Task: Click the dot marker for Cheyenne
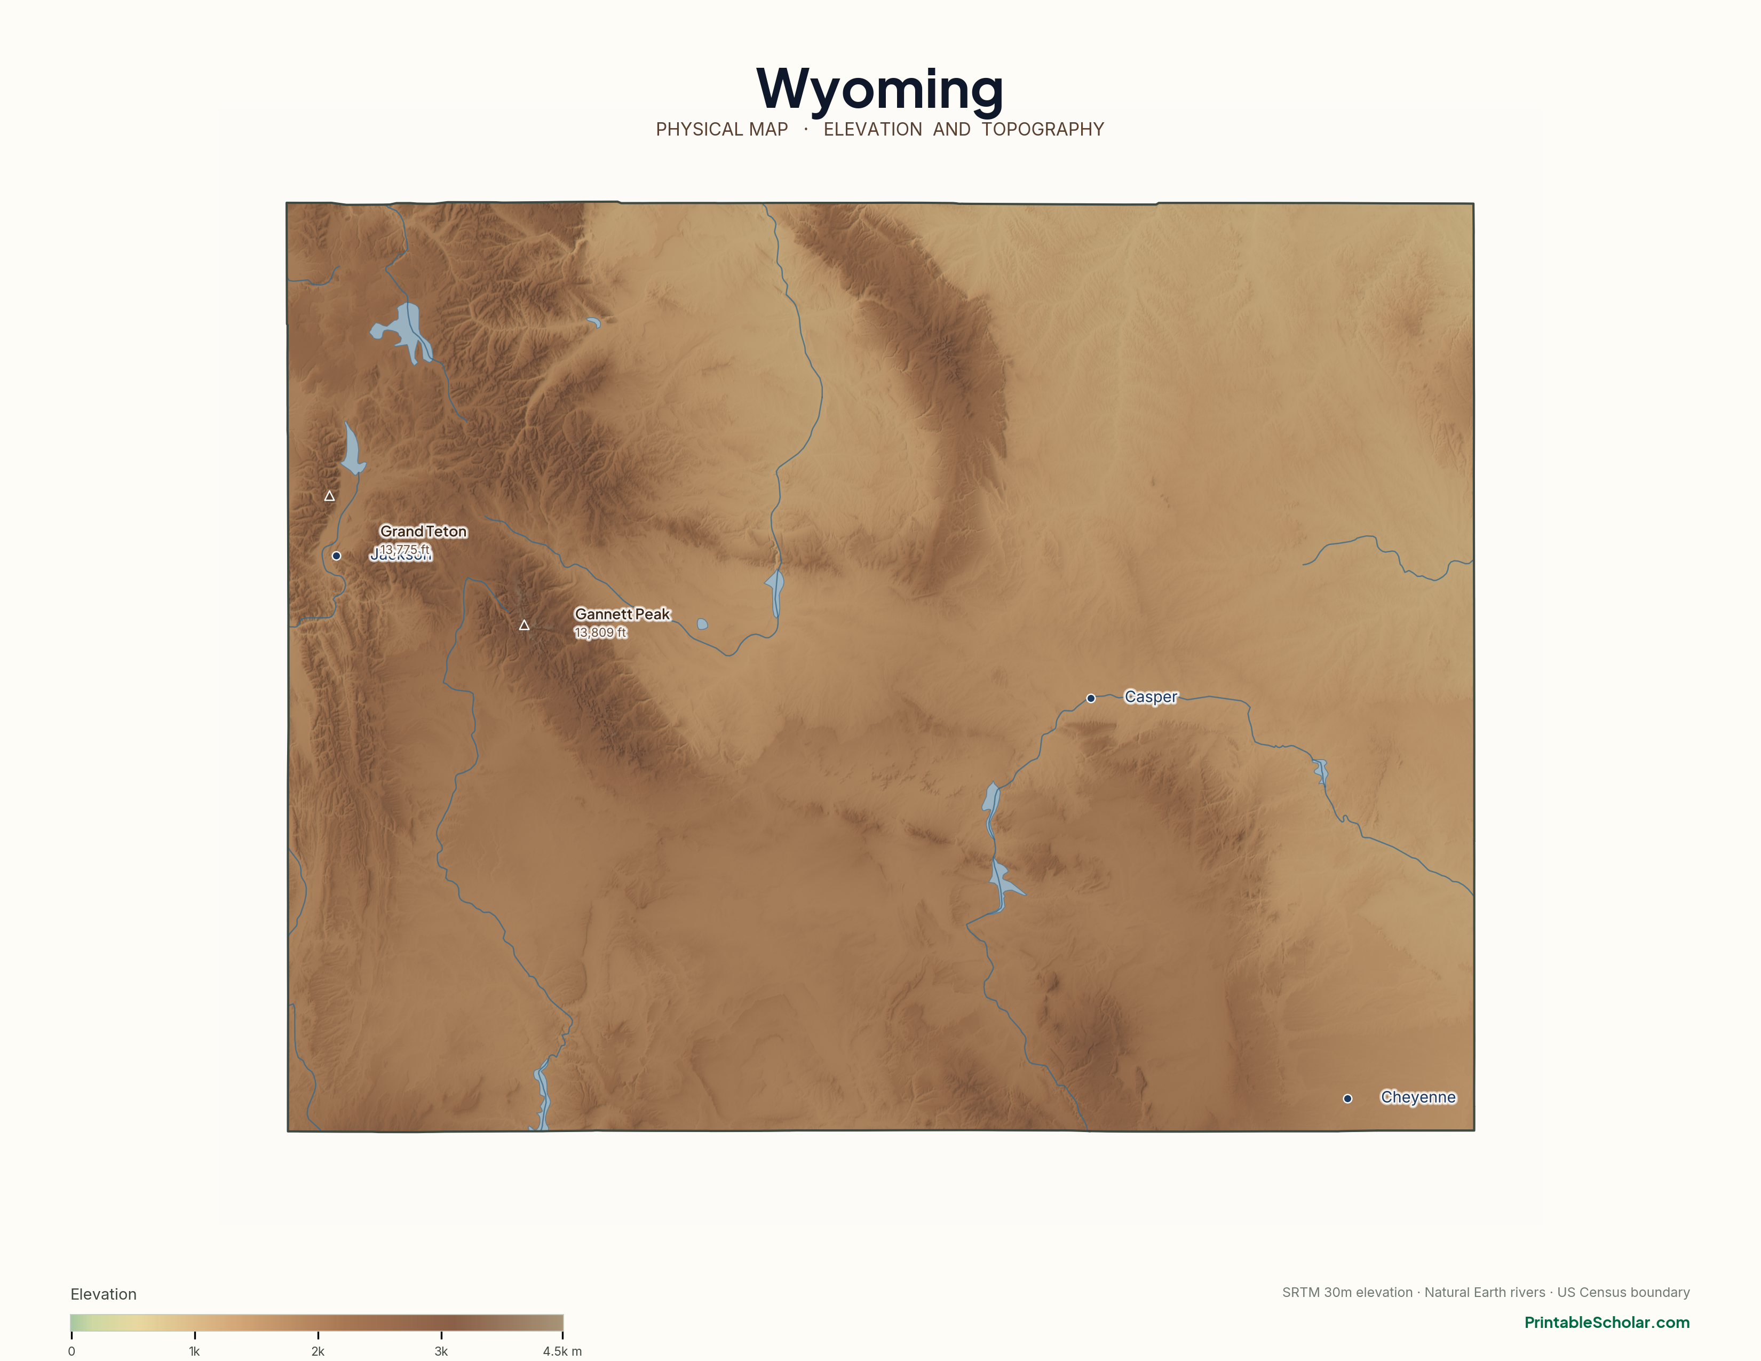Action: (x=1347, y=1098)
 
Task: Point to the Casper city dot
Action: (x=1091, y=698)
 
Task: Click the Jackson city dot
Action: (x=336, y=556)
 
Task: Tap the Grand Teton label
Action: (x=423, y=532)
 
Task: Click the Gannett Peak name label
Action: (x=622, y=614)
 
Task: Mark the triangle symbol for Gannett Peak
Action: (x=524, y=625)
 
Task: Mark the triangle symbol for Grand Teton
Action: (x=329, y=496)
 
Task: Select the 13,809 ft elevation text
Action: (x=600, y=633)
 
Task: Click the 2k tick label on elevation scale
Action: (x=318, y=1351)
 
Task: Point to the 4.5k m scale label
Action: (x=562, y=1351)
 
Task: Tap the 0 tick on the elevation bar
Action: (x=72, y=1351)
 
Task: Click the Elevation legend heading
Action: (x=103, y=1294)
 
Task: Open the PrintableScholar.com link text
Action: (x=1606, y=1322)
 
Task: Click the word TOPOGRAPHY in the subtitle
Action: (x=1043, y=130)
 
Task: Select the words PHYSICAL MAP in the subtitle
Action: (x=721, y=130)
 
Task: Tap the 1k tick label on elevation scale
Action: (x=194, y=1351)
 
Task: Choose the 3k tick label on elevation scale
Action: (x=441, y=1351)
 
